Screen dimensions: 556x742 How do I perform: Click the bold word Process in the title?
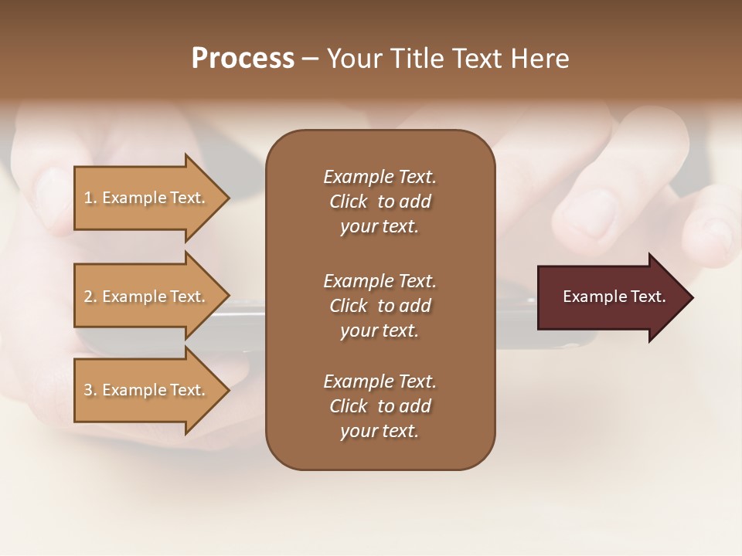243,59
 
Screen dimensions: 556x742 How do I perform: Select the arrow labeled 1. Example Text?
145,198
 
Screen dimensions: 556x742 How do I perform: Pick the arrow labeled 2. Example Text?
145,297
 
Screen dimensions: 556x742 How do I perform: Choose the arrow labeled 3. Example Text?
145,390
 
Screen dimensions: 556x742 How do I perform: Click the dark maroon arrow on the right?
611,297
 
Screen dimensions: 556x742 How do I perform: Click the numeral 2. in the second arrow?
90,297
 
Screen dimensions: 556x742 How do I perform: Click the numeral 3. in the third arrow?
90,390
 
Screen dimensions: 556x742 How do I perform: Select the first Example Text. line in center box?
380,177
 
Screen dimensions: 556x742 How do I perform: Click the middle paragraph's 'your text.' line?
380,331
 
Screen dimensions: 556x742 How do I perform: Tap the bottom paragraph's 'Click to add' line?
380,406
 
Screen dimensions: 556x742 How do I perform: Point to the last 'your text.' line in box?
380,432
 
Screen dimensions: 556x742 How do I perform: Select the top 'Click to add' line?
380,202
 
